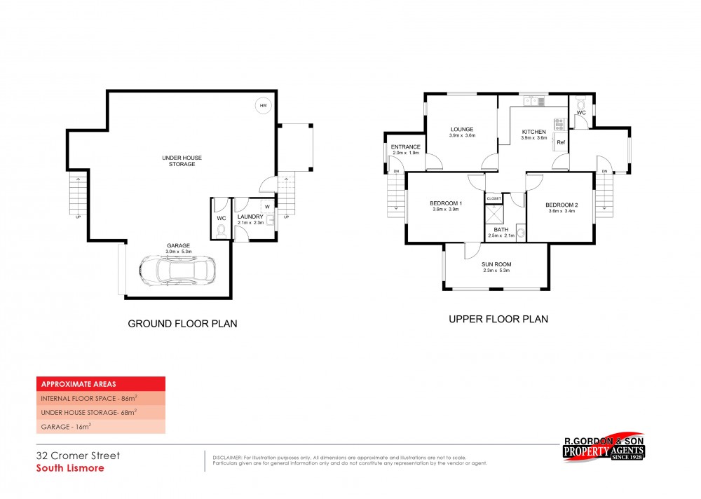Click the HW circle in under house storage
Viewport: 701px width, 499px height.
pos(263,106)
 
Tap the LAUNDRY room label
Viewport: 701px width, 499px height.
pos(250,217)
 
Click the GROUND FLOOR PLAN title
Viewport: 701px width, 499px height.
pos(182,324)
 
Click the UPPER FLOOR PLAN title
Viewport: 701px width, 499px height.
pos(498,319)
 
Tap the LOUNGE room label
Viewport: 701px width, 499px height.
pos(462,129)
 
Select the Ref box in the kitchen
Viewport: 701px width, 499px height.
pos(560,143)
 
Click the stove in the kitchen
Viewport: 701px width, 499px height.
pos(559,125)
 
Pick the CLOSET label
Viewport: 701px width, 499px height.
pos(494,199)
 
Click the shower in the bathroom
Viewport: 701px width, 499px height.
pos(495,214)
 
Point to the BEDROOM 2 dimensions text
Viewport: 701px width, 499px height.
pos(560,211)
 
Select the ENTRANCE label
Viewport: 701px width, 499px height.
pos(405,146)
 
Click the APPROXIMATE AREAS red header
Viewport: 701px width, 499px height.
pos(101,383)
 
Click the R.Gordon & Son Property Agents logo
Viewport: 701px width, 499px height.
pos(604,447)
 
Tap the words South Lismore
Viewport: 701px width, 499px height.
pos(70,467)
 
